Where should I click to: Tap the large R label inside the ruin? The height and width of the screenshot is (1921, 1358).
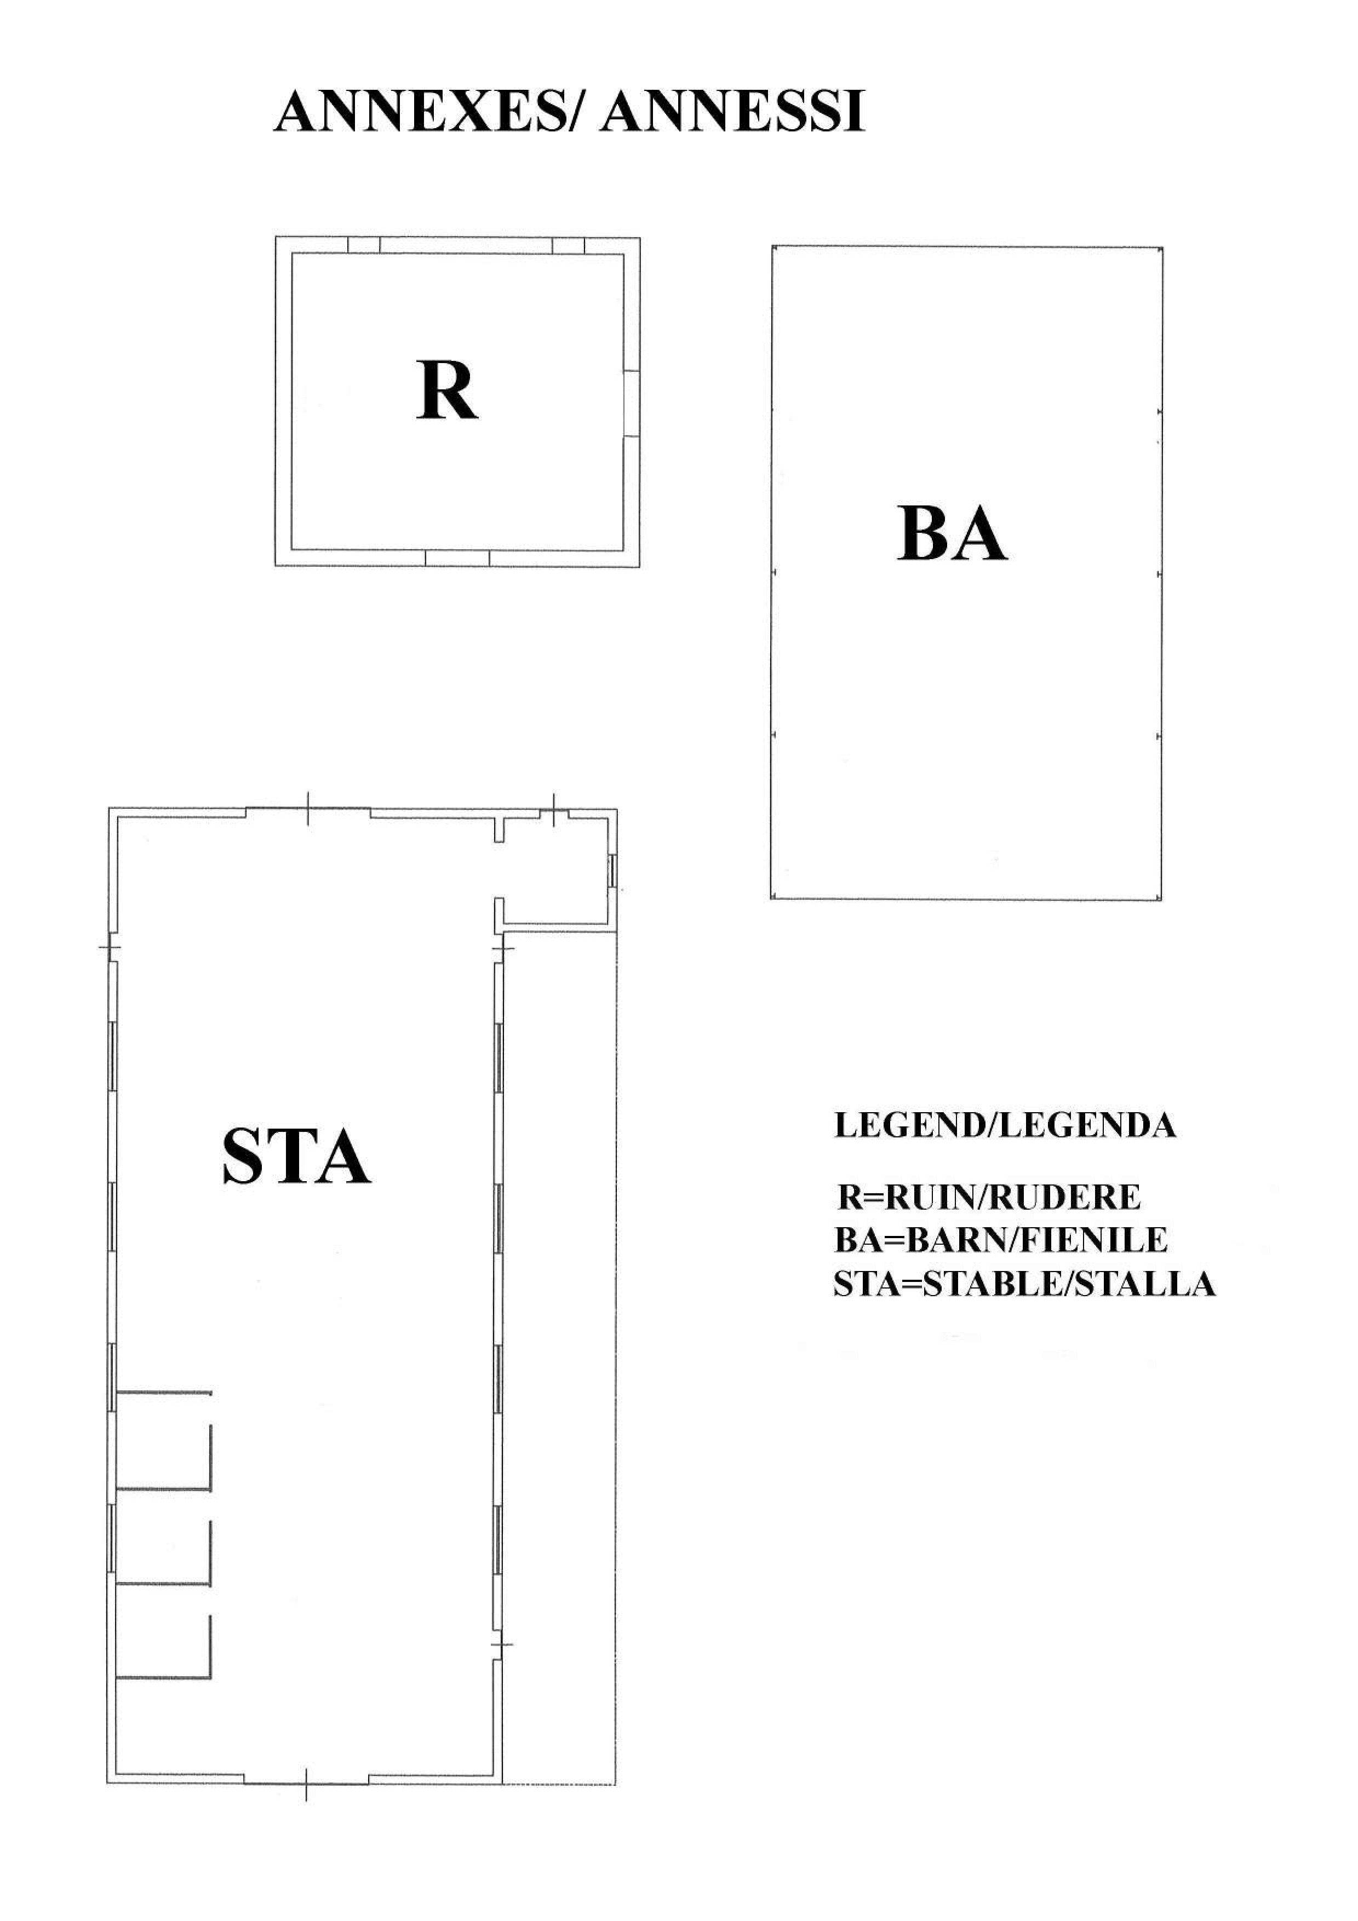tap(447, 390)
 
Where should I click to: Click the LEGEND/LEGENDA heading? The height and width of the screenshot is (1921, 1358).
tap(1005, 1125)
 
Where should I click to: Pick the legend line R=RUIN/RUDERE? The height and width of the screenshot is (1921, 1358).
tap(989, 1197)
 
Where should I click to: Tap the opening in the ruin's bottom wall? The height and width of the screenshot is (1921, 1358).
tap(457, 558)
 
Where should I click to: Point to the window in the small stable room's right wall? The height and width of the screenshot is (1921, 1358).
tap(612, 870)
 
